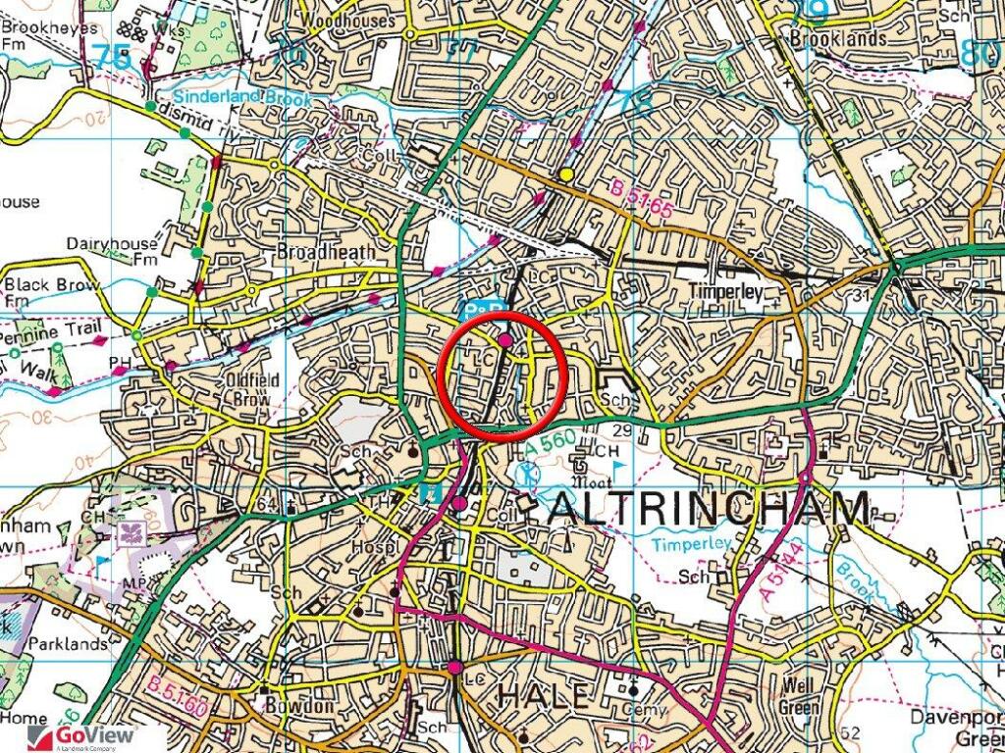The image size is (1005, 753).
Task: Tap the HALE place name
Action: (x=545, y=695)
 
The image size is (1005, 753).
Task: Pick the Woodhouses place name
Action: (x=347, y=20)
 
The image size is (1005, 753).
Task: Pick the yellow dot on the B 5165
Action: (x=566, y=175)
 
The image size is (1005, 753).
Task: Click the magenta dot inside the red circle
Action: (x=504, y=340)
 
